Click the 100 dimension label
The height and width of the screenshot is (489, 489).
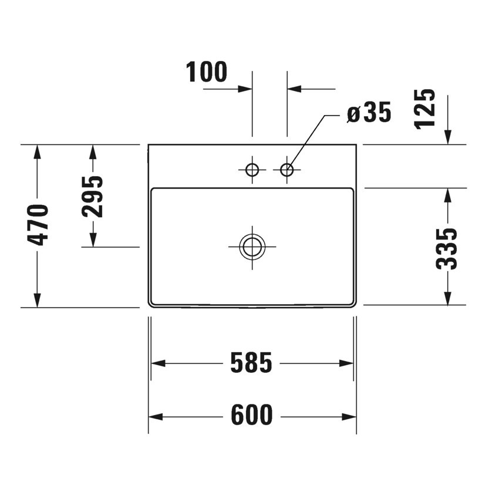click(207, 72)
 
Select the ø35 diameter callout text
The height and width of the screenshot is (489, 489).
click(369, 113)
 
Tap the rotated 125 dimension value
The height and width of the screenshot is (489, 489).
click(425, 108)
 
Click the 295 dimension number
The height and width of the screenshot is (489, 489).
click(92, 196)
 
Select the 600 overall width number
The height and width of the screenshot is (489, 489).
click(251, 416)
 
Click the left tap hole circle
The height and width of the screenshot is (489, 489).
click(252, 170)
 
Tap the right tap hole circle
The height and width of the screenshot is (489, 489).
click(287, 170)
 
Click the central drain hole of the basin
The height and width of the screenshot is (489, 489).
click(252, 247)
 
